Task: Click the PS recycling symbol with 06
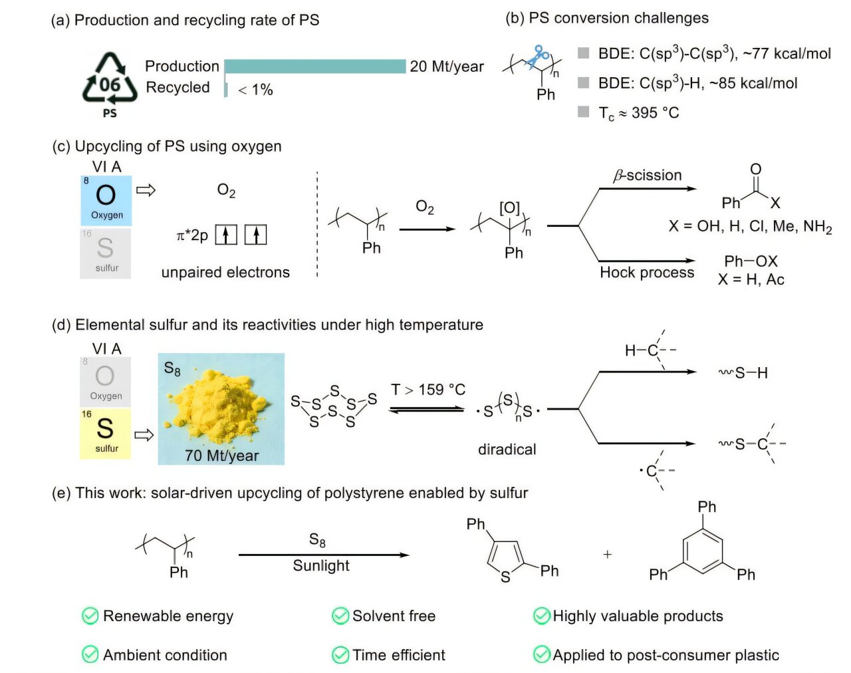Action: (x=110, y=80)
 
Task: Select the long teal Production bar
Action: (x=315, y=67)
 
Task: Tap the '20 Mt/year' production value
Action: (x=447, y=67)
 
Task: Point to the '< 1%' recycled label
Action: (x=255, y=90)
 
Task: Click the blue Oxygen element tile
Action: (x=106, y=201)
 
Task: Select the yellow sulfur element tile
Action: (x=105, y=434)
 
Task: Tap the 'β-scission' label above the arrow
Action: (x=648, y=176)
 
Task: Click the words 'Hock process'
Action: (x=647, y=273)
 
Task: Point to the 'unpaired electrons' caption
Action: (x=225, y=273)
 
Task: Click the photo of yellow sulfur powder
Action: (x=221, y=408)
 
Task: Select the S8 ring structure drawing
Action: (x=334, y=406)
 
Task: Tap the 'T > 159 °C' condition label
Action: (x=428, y=390)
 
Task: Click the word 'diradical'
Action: (x=507, y=450)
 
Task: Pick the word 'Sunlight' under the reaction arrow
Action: (x=321, y=566)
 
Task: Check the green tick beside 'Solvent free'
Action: (x=340, y=616)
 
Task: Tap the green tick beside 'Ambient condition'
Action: (x=90, y=655)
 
